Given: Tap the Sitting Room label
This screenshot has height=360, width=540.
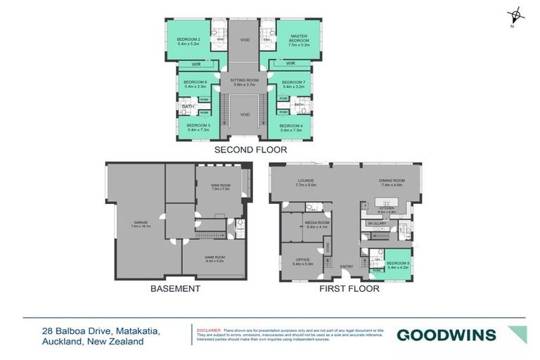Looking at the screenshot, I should (x=245, y=82).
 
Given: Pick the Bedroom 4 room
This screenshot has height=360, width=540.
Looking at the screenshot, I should (x=291, y=128).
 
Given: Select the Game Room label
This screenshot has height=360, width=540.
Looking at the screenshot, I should (x=214, y=259).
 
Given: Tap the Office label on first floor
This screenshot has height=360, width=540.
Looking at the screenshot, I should (x=302, y=262).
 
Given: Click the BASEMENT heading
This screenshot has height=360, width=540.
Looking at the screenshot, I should (x=175, y=288).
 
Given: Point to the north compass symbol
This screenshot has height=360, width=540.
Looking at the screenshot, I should (x=515, y=15).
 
